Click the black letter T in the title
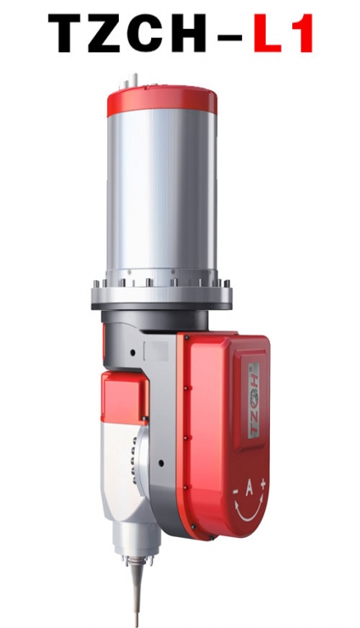click(69, 33)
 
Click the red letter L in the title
click(268, 33)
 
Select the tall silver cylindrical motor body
click(162, 193)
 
